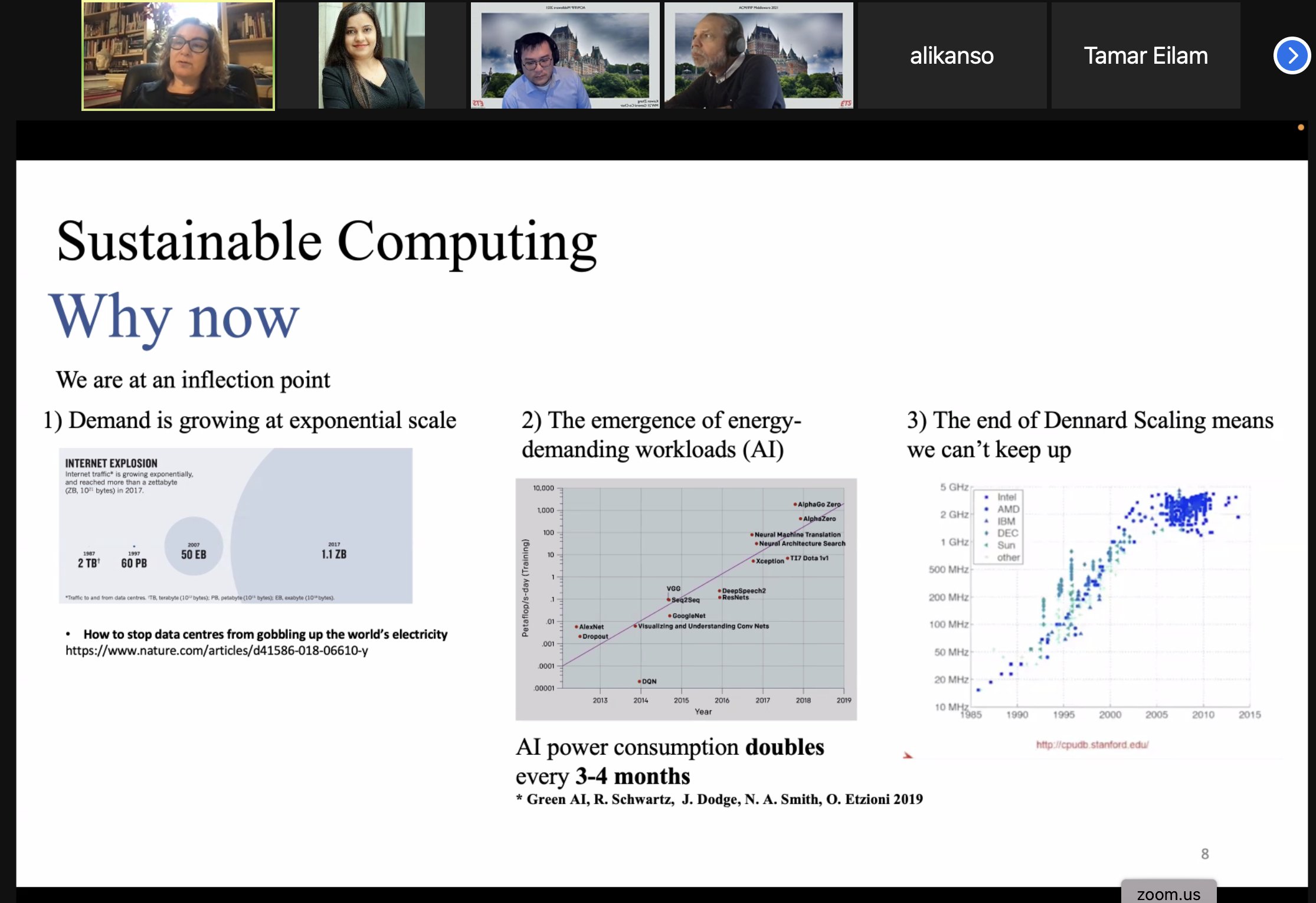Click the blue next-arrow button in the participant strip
pos(1292,55)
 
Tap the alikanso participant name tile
pos(951,56)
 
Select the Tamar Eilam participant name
pos(1145,56)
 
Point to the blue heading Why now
pos(174,317)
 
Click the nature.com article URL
pos(217,650)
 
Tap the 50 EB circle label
pos(194,554)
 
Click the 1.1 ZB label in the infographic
pos(334,554)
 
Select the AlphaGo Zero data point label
pos(819,505)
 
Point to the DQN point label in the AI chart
pos(649,681)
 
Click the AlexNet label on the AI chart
pos(591,627)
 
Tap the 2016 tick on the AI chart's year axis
pos(722,701)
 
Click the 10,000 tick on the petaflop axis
pos(543,488)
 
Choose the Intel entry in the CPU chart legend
pos(1006,497)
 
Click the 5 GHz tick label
pos(954,487)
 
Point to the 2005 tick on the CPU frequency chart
pos(1156,715)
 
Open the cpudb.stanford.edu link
pos(1092,745)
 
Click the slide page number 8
pos(1204,853)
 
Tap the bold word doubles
pos(784,747)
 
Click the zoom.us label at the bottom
pos(1168,894)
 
